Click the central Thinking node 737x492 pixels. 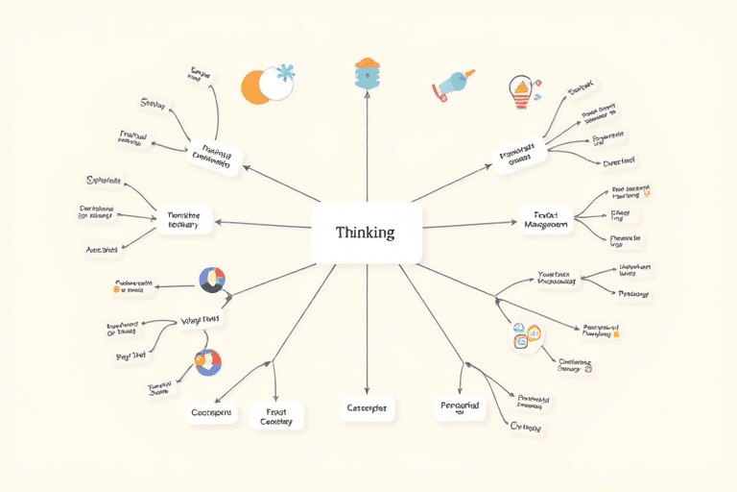[x=367, y=232]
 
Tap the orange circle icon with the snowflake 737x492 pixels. [x=259, y=86]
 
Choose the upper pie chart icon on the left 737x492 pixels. [x=211, y=281]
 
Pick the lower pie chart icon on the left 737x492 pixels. [x=207, y=362]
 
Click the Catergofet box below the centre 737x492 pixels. [x=366, y=408]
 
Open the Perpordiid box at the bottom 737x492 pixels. [x=459, y=407]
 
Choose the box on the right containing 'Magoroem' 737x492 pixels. [x=545, y=220]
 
